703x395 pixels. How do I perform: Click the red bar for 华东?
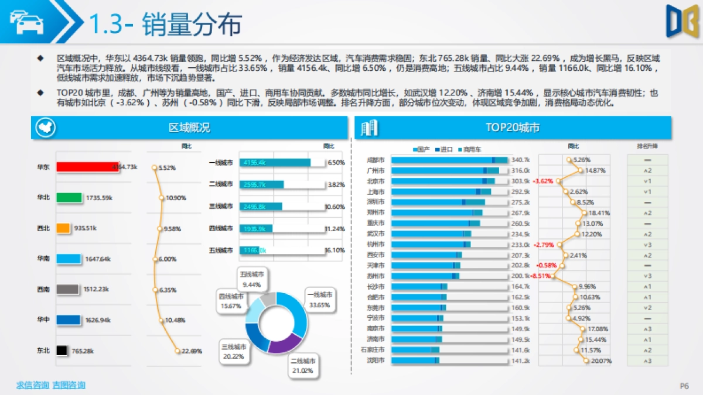[87, 167]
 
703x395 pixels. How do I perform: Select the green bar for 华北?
[69, 198]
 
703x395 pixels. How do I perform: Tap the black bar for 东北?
[62, 351]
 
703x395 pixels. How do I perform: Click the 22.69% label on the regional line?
[192, 351]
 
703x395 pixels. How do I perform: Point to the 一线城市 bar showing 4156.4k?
[275, 163]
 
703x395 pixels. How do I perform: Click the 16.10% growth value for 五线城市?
[335, 250]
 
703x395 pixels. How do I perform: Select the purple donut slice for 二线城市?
[284, 344]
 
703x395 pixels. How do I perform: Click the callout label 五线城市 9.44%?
[252, 280]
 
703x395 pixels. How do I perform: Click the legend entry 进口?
[446, 150]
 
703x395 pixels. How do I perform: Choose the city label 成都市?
[375, 160]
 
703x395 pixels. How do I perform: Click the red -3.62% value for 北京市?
[542, 181]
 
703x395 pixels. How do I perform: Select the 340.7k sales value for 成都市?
[520, 160]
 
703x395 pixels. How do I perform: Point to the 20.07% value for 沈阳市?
[601, 361]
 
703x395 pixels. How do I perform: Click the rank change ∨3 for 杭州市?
[647, 245]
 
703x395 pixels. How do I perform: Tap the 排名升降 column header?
[647, 146]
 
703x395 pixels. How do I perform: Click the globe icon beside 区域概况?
[45, 128]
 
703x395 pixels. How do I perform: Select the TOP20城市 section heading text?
[513, 128]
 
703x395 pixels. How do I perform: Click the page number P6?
[684, 386]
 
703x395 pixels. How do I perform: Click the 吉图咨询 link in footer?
[69, 385]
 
